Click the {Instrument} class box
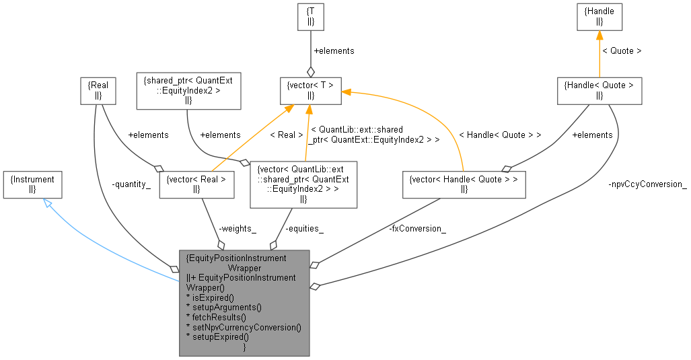click(32, 184)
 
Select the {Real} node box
click(98, 92)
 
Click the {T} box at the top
click(310, 17)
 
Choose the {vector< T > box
click(310, 90)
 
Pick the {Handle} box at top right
click(599, 17)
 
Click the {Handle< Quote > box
click(599, 90)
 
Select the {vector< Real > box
click(196, 185)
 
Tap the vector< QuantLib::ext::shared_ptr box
click(303, 184)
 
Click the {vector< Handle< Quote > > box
click(464, 185)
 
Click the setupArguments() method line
click(223, 307)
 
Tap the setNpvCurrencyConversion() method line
click(244, 327)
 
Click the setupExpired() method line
click(217, 337)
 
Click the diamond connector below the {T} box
click(310, 71)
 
